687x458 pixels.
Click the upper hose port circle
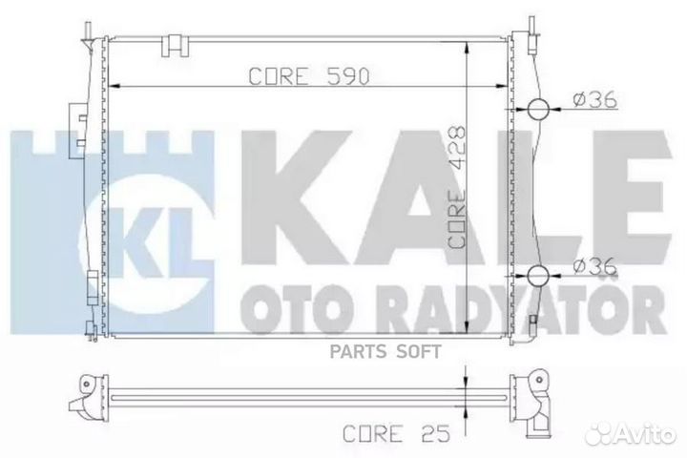pyautogui.click(x=537, y=109)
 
